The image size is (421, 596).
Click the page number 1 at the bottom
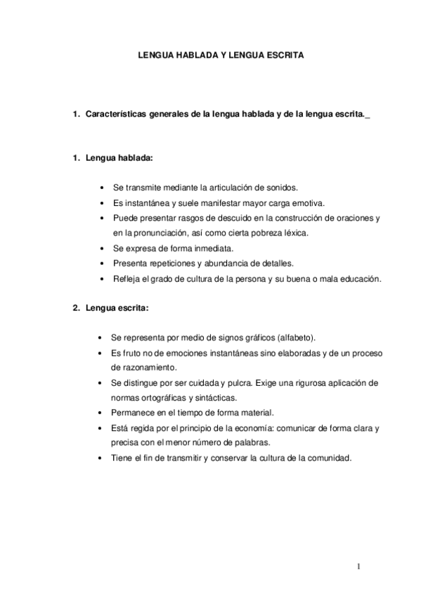(x=358, y=566)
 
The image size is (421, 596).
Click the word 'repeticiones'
(x=169, y=263)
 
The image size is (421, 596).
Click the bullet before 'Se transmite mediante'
(x=103, y=188)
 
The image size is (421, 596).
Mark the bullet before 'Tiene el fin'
(x=103, y=458)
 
